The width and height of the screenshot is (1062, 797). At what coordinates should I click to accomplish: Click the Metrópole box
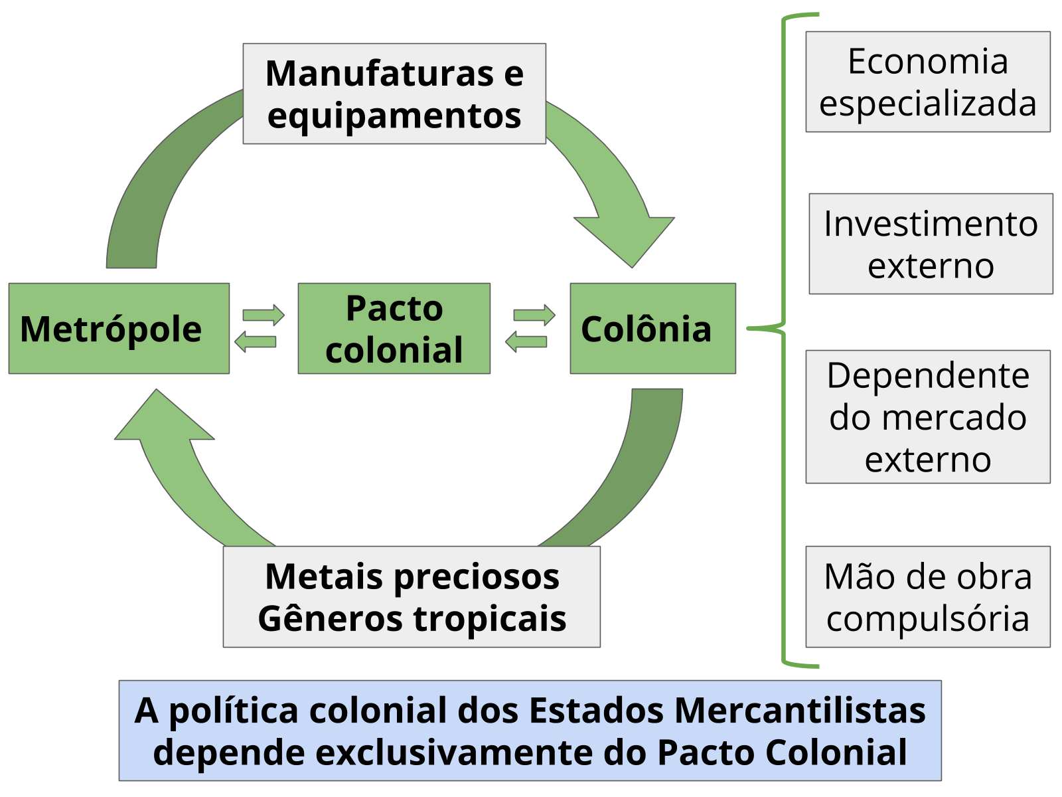119,329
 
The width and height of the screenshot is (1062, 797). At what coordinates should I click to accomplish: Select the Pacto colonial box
394,329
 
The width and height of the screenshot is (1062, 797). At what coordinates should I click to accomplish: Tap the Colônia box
652,329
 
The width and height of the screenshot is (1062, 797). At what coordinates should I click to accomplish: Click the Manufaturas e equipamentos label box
394,94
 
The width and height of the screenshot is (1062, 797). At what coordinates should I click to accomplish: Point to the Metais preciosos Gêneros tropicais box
412,596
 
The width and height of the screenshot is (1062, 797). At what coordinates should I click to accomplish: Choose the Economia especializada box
927,82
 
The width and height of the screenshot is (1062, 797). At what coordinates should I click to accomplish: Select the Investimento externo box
931,244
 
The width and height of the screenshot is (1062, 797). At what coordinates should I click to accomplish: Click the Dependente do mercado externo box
927,416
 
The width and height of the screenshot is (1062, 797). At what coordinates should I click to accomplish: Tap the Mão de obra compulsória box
927,596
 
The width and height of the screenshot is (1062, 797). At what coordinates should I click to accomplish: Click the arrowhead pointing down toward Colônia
627,239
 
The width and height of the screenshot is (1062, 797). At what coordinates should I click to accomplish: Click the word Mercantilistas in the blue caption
800,710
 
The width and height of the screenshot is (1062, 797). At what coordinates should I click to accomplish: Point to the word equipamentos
394,116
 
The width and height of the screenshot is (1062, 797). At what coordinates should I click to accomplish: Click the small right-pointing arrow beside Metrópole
264,315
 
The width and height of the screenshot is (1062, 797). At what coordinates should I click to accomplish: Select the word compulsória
927,618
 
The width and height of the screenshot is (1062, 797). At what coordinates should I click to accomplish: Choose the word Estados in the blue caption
596,710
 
